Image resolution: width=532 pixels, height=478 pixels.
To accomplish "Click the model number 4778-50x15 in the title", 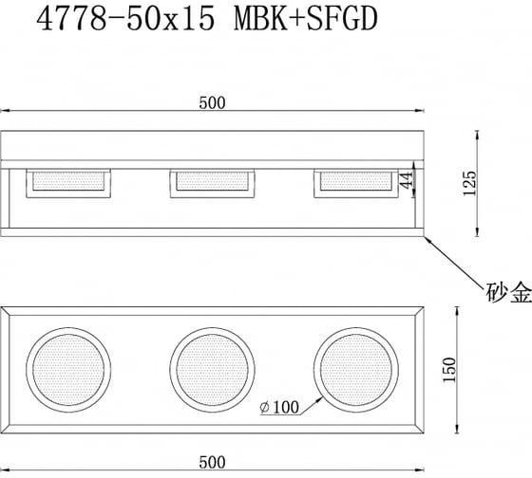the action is [x=125, y=19].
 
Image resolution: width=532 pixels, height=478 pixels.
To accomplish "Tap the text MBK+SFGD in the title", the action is [x=306, y=19].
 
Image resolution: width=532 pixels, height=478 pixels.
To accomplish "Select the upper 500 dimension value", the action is [x=212, y=103].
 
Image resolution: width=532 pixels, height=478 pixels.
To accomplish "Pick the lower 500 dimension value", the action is [x=212, y=463].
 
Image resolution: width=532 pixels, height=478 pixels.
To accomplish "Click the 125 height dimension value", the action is [x=470, y=183].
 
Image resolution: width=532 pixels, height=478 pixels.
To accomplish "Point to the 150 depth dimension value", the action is [x=449, y=370].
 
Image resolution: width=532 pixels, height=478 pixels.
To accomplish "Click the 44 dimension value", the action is [x=407, y=180].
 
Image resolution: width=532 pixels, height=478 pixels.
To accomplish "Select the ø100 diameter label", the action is [x=279, y=407].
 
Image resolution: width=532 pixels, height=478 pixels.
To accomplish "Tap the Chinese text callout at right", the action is [x=508, y=292].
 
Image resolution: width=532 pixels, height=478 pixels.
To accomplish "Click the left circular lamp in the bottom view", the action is [x=68, y=370].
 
